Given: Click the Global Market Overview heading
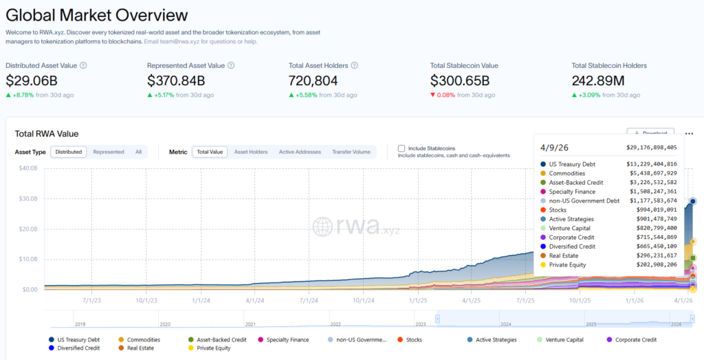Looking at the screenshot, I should [x=96, y=14].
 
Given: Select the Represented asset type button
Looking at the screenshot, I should [x=109, y=152].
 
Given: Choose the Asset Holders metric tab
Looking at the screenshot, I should [x=251, y=152].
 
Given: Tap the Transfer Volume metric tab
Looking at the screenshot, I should [x=351, y=152].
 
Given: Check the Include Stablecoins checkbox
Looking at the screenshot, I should [x=401, y=148].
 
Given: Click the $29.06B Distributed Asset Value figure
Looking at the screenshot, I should [x=32, y=80].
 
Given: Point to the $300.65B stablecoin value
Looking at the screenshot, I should [x=460, y=80].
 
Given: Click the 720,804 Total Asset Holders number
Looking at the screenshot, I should [x=319, y=80].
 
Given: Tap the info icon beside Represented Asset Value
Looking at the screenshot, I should [x=231, y=65].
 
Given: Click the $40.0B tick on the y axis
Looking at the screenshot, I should [x=27, y=168].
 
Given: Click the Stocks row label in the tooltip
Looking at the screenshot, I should [x=557, y=210].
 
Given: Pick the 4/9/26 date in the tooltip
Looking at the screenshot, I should [x=554, y=147].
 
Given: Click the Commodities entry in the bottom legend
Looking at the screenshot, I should [x=144, y=339].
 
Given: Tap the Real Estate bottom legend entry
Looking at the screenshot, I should [x=140, y=348].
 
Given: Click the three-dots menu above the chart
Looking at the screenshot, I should [x=689, y=134].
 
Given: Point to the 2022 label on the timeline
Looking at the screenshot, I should [x=335, y=324].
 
